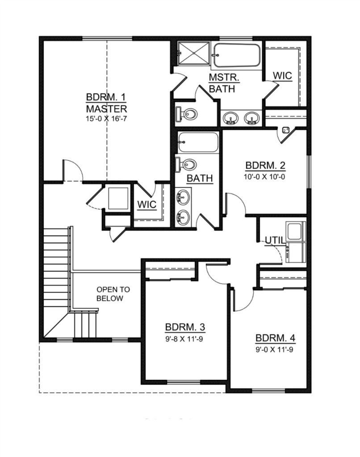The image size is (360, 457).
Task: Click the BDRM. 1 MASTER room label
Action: tap(106, 103)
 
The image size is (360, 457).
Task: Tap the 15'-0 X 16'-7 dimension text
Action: tap(106, 119)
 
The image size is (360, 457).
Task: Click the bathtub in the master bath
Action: tap(237, 55)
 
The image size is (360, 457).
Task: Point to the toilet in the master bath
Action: tap(186, 113)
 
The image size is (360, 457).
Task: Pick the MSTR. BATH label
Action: tap(224, 83)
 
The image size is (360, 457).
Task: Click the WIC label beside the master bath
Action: tap(282, 76)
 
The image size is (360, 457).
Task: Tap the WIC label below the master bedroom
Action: tap(147, 204)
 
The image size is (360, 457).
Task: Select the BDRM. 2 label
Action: tap(265, 165)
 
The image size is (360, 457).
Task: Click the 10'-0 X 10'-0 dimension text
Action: tap(264, 177)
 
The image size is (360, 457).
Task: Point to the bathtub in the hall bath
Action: tap(198, 142)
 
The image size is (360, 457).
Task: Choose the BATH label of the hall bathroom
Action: tap(200, 178)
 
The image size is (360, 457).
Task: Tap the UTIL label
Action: tap(274, 240)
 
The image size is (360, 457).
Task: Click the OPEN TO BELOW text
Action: tap(113, 294)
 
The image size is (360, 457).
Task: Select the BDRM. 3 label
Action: tap(185, 327)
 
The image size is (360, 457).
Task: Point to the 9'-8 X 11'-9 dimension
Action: tap(184, 339)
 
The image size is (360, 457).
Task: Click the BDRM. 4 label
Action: tap(276, 338)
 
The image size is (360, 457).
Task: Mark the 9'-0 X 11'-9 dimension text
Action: tap(275, 349)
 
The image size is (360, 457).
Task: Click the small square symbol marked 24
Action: tap(286, 130)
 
